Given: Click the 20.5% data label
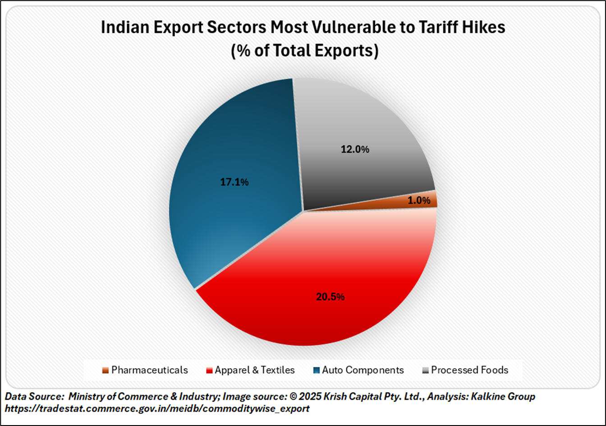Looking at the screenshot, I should coord(330,297).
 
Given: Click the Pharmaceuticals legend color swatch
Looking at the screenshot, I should coord(105,370).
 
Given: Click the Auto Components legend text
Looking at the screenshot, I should coord(363,370).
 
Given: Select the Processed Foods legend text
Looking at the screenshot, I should coord(469,370).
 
